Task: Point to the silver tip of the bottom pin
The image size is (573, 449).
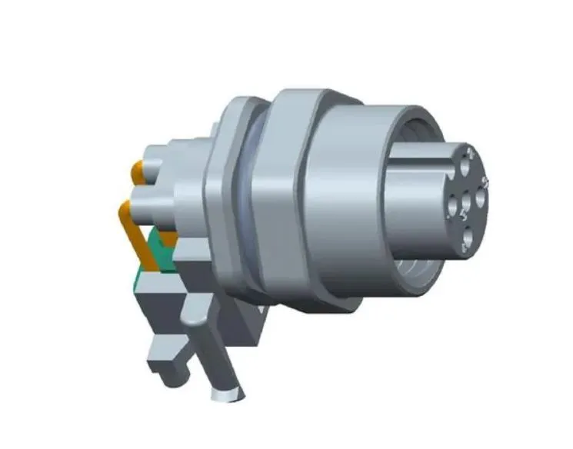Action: pos(228,395)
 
